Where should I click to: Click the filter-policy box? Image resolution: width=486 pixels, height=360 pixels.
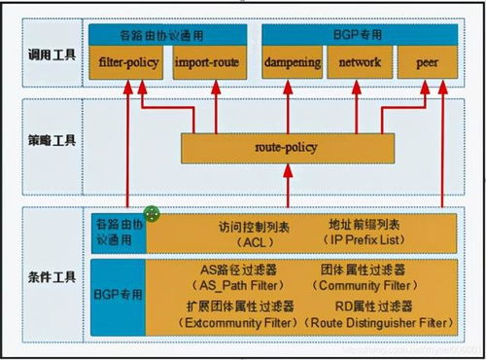[x=128, y=64]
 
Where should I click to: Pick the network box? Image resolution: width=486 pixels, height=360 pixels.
[x=359, y=64]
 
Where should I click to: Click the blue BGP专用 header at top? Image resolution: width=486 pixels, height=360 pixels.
[x=359, y=34]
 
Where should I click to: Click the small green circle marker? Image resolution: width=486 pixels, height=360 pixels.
[x=152, y=213]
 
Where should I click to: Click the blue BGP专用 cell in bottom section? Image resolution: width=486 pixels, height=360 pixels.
[x=116, y=293]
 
